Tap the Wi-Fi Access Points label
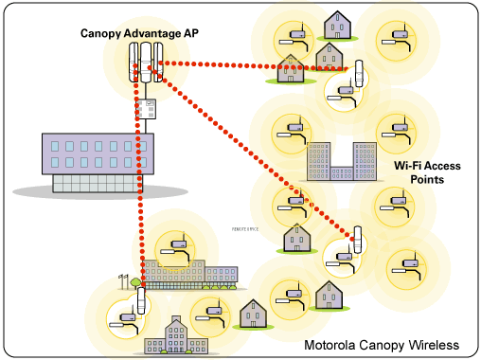(x=427, y=171)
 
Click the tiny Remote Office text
(x=247, y=229)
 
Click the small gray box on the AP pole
(x=146, y=109)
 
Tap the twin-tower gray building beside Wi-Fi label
(x=341, y=162)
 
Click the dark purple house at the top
(x=337, y=24)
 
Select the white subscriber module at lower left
(x=141, y=302)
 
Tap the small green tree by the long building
(x=135, y=281)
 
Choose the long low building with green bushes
(x=189, y=274)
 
